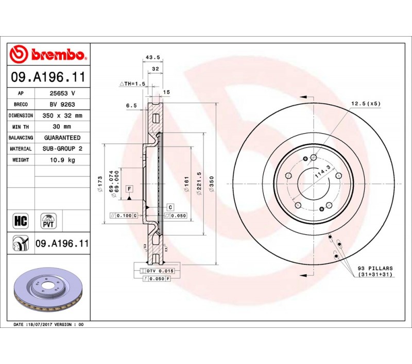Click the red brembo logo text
pos(58,55)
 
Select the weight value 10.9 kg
pos(62,160)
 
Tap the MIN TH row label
pos(21,127)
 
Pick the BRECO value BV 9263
pos(62,105)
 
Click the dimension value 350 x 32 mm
pos(62,115)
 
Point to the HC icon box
pos(21,221)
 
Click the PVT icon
pos(48,221)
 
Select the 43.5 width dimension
pos(152,57)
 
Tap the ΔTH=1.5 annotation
pos(133,84)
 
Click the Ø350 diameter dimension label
pos(212,184)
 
